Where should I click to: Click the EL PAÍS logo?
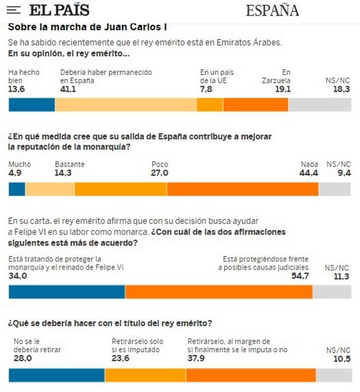pyautogui.click(x=59, y=10)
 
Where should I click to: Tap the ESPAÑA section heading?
pyautogui.click(x=272, y=10)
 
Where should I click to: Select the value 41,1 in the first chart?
pyautogui.click(x=69, y=89)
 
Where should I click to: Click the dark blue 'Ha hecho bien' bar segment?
pyautogui.click(x=32, y=104)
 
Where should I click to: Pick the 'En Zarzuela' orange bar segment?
pyautogui.click(x=255, y=104)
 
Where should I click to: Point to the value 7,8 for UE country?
pyautogui.click(x=206, y=89)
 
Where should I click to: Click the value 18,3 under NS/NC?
pyautogui.click(x=341, y=89)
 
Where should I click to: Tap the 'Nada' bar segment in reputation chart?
pyautogui.click(x=242, y=189)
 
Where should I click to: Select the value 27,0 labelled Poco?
pyautogui.click(x=159, y=173)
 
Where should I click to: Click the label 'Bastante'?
pyautogui.click(x=70, y=164)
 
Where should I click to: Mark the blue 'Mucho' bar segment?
pyautogui.click(x=17, y=189)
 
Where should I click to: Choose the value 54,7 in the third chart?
pyautogui.click(x=300, y=276)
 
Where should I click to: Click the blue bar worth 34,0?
pyautogui.click(x=67, y=292)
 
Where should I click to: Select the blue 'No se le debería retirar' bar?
pyautogui.click(x=56, y=375)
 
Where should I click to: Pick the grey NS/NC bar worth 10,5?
pyautogui.click(x=334, y=375)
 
